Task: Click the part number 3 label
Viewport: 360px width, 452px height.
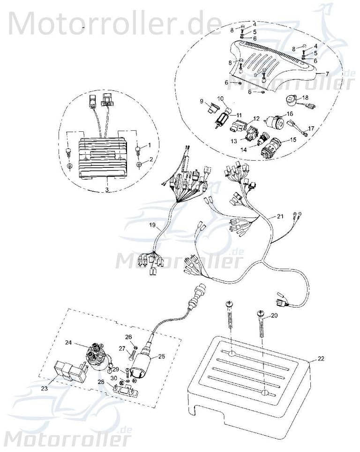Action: pos(107,189)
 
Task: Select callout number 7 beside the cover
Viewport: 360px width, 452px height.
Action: pos(327,74)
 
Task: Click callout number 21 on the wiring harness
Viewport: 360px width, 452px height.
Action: pos(280,216)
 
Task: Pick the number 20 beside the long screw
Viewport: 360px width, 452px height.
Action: pos(274,316)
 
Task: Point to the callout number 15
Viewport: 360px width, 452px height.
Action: pos(294,139)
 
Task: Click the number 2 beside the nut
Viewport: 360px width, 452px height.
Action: pos(150,159)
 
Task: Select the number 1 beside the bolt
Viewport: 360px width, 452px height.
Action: pos(150,145)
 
